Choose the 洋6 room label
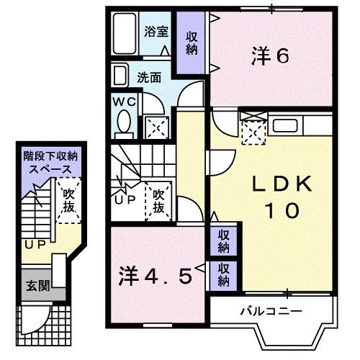click(270, 55)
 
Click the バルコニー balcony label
click(270, 311)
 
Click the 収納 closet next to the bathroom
click(192, 44)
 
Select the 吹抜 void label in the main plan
click(158, 201)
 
